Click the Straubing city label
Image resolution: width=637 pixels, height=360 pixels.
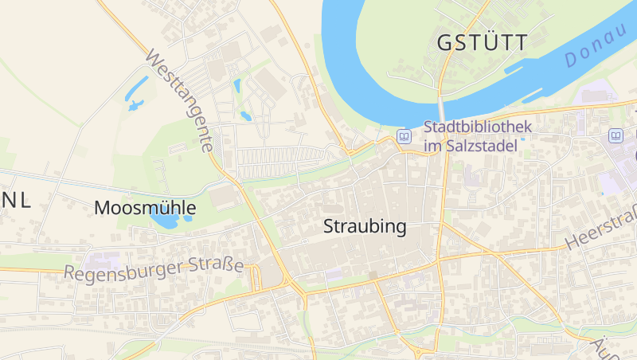tap(365, 226)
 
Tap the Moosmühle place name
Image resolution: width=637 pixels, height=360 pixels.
tap(144, 209)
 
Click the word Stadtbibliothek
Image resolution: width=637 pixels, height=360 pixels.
tap(477, 127)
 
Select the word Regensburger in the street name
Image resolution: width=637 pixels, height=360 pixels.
tap(123, 271)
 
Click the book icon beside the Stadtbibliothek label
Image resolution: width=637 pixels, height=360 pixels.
tap(404, 136)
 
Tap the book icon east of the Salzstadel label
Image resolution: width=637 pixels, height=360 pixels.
tap(616, 135)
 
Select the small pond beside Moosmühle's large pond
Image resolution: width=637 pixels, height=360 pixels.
tap(188, 218)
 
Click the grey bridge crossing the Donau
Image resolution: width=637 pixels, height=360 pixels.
tap(441, 108)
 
